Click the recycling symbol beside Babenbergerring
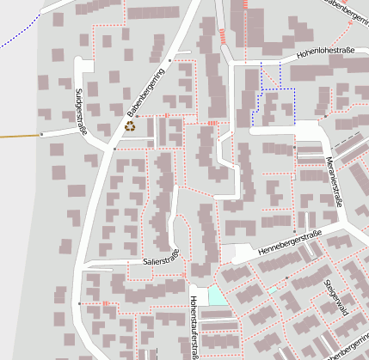coord(130,125)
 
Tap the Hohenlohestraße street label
coord(327,54)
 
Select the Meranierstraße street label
coord(335,180)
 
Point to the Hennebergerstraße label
coord(289,243)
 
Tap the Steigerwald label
coord(335,296)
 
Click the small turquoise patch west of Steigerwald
coord(273,291)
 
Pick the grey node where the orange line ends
coord(40,135)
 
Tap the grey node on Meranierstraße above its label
coord(295,148)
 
